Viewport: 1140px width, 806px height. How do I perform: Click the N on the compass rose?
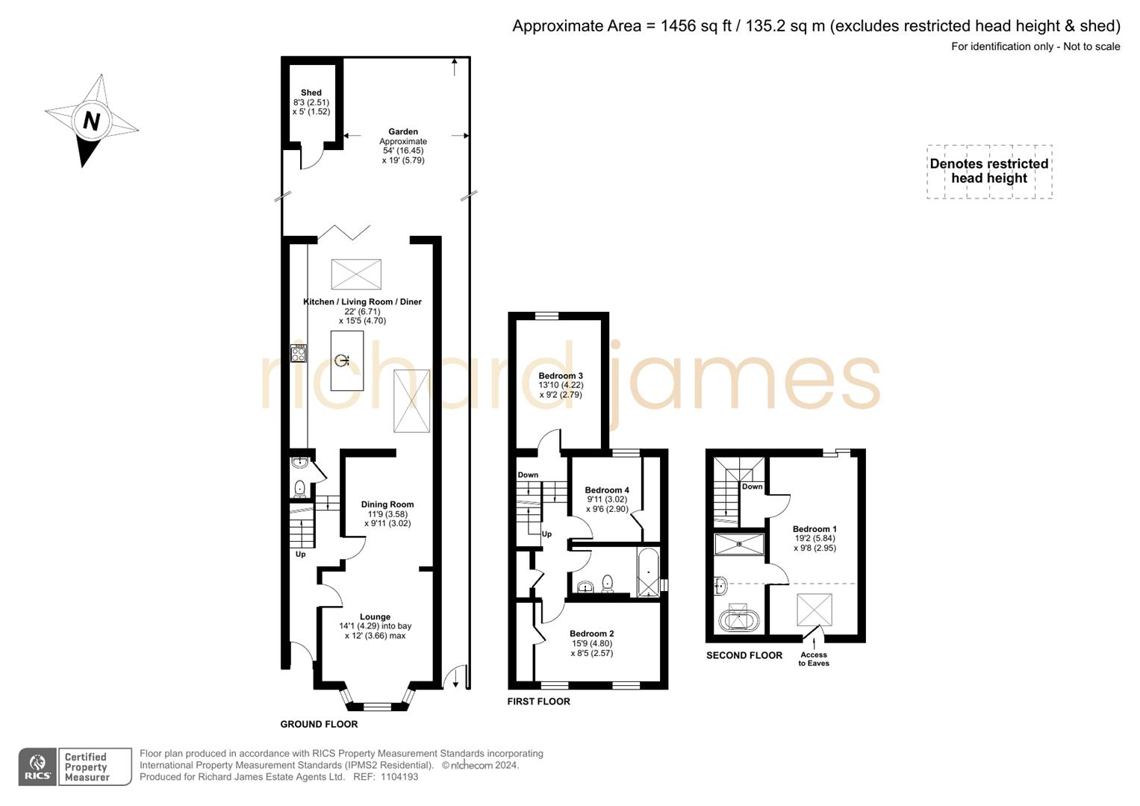click(91, 121)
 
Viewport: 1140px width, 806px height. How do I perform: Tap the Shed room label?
click(311, 93)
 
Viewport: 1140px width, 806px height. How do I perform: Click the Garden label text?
click(403, 132)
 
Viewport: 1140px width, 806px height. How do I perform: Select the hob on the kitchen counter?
click(299, 353)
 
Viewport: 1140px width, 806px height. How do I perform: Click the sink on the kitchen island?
click(343, 361)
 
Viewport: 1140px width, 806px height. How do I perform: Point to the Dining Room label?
click(387, 504)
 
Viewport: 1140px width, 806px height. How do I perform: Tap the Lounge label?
click(375, 617)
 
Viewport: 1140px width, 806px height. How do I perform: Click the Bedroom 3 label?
click(561, 376)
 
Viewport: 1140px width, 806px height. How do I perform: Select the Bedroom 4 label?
click(607, 490)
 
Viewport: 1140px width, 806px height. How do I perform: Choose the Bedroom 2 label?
click(591, 634)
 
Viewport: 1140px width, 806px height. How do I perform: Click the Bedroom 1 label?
click(814, 529)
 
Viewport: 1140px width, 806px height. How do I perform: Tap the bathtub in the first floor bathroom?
click(648, 573)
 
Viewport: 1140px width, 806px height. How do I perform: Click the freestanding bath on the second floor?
click(738, 619)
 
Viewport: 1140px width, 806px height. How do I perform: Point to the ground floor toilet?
click(299, 489)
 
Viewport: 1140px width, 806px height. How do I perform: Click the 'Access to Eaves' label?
click(814, 659)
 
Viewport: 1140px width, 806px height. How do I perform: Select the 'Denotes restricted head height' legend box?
click(989, 172)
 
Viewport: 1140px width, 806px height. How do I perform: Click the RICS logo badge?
click(37, 767)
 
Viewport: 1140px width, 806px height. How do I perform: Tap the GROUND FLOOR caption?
click(319, 725)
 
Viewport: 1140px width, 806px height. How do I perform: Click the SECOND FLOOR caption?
click(744, 656)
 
